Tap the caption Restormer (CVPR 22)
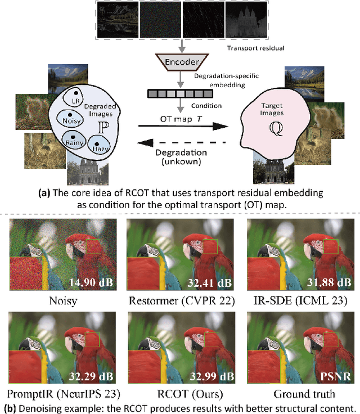[179, 300]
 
